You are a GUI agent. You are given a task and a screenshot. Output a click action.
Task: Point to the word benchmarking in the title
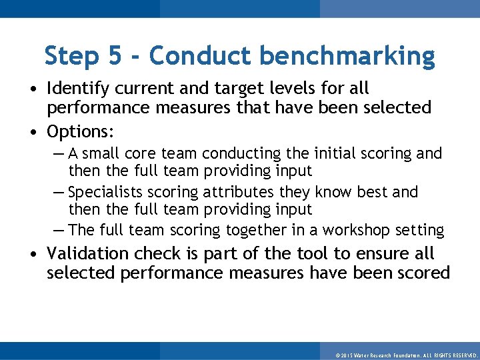(x=347, y=56)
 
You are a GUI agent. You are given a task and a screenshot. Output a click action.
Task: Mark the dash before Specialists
(x=59, y=193)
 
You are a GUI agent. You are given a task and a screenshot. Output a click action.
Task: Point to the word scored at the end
(x=423, y=273)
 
